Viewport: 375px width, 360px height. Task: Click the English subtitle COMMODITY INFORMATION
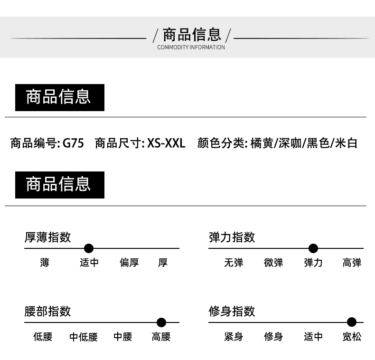tap(191, 47)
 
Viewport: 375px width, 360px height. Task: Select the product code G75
tap(73, 143)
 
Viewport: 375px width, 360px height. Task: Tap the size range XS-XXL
tap(166, 143)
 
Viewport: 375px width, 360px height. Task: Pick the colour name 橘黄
tap(262, 143)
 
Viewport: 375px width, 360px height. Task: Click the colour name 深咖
tap(290, 143)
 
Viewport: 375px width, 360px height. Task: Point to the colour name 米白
tap(346, 143)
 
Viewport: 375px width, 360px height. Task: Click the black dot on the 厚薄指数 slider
tap(89, 248)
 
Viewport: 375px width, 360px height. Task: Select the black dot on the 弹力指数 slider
tap(313, 248)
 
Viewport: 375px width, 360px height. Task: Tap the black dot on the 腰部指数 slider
tap(161, 322)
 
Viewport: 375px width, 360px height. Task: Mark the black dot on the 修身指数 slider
tap(352, 322)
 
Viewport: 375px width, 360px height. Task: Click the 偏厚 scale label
tap(129, 263)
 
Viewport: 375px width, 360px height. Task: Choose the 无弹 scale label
tap(234, 263)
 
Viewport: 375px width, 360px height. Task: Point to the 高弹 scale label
tap(352, 263)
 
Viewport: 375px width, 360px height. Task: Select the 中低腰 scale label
tap(84, 337)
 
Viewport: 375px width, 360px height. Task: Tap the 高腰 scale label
tap(161, 337)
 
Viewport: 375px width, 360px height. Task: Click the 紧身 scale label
tap(234, 337)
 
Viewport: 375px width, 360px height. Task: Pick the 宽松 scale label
tap(352, 337)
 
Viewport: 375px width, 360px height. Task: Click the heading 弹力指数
tap(232, 237)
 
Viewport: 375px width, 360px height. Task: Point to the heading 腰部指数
tap(47, 312)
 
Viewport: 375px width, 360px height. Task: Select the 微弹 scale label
tap(273, 263)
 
